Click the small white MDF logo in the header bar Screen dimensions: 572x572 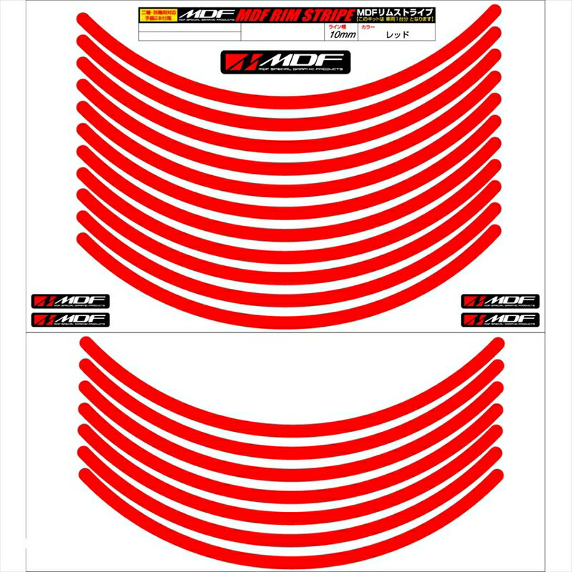pyautogui.click(x=202, y=14)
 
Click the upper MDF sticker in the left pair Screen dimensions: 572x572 pyautogui.click(x=69, y=301)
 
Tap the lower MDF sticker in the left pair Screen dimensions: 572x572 pyautogui.click(x=69, y=320)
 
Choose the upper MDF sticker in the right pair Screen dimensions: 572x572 pyautogui.click(x=500, y=301)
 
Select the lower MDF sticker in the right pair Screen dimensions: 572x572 pyautogui.click(x=500, y=320)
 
